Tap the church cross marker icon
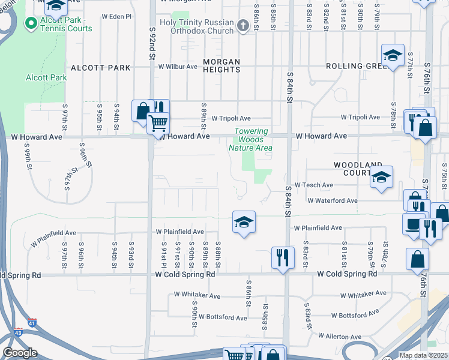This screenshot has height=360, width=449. click(x=243, y=25)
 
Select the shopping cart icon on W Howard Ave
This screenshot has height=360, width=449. click(x=158, y=123)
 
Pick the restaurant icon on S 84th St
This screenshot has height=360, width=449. click(x=282, y=257)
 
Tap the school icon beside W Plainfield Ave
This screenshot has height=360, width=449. click(x=243, y=222)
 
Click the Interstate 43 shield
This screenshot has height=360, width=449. click(x=18, y=332)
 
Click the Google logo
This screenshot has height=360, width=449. click(x=20, y=353)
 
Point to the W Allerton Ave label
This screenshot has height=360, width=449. click(x=340, y=337)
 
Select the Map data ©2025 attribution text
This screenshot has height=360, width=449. click(x=423, y=355)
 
